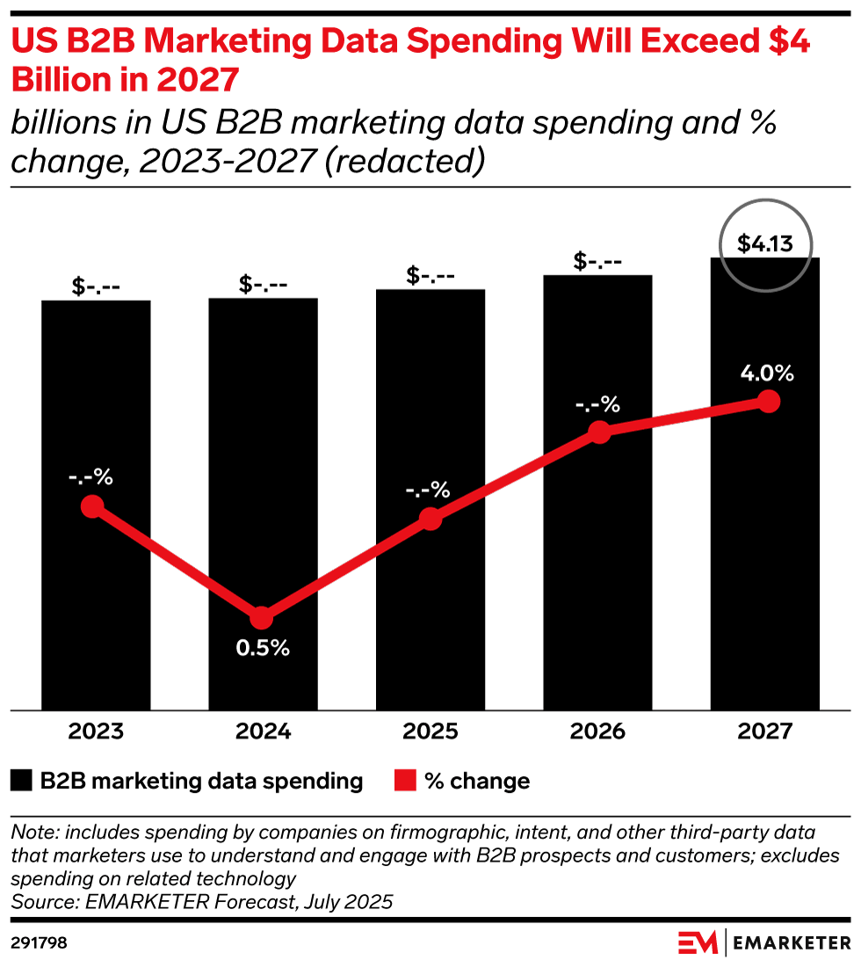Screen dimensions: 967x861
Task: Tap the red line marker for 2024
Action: [261, 618]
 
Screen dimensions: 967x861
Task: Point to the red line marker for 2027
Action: [769, 401]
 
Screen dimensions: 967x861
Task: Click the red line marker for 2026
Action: [599, 432]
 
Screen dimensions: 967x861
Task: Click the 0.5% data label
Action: [262, 649]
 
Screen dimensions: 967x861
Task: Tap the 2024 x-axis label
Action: [263, 732]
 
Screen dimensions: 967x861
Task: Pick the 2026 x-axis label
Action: [598, 732]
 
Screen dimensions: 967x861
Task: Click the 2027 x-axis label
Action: [765, 732]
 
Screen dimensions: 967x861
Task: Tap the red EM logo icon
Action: [698, 943]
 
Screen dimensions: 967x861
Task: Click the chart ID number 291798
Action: [39, 943]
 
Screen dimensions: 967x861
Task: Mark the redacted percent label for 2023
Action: [91, 477]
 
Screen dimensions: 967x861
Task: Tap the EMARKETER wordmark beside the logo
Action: [791, 943]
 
